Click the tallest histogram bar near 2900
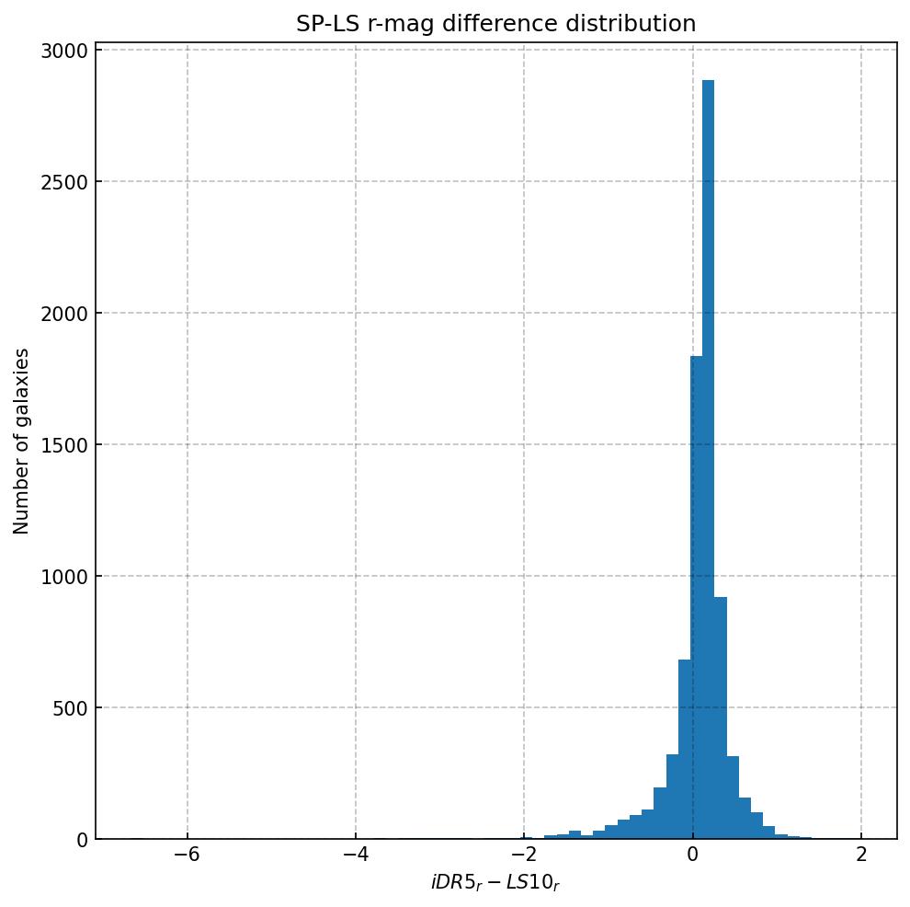click(x=708, y=460)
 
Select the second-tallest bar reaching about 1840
click(x=696, y=598)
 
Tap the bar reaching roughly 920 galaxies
click(x=721, y=718)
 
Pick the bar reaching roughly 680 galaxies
click(x=684, y=750)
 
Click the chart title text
click(x=495, y=24)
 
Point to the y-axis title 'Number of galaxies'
click(x=22, y=441)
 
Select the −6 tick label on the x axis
click(x=187, y=854)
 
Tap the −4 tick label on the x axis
click(x=355, y=854)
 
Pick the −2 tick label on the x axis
click(x=523, y=854)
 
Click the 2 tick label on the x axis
click(x=861, y=854)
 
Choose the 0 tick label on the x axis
click(x=692, y=854)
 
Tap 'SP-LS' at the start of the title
click(x=321, y=24)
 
